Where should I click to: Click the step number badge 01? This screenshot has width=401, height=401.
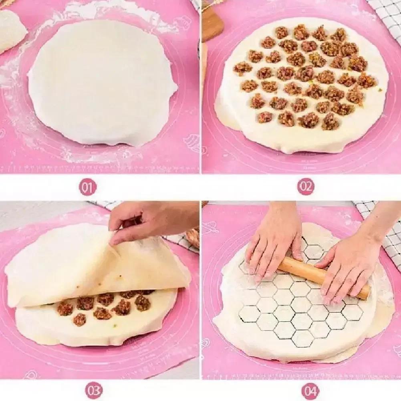coord(87,187)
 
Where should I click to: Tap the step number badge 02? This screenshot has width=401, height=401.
coord(305,187)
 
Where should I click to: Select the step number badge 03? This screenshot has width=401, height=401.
coord(93,390)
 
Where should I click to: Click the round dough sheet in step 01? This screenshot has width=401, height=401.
coord(102,80)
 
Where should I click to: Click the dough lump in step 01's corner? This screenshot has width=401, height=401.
coord(10,30)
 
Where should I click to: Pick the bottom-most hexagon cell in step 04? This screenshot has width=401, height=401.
coord(302,339)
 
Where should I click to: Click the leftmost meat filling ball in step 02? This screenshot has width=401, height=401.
coord(242,69)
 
